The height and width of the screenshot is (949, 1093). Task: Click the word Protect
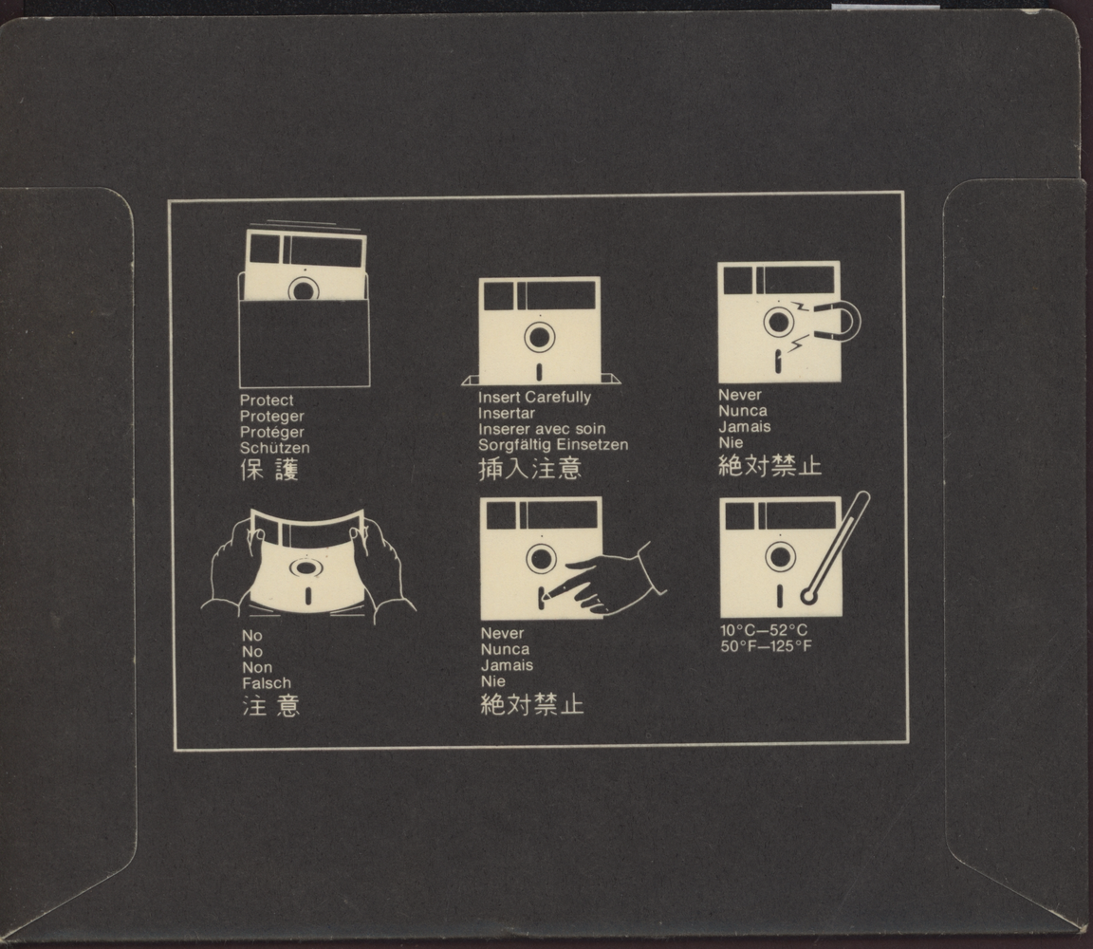pyautogui.click(x=267, y=400)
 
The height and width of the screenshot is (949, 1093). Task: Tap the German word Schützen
pyautogui.click(x=274, y=448)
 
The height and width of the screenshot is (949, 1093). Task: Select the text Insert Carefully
pyautogui.click(x=535, y=398)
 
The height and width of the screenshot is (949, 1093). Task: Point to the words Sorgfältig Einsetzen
pyautogui.click(x=553, y=445)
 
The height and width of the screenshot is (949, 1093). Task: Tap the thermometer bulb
pyautogui.click(x=808, y=596)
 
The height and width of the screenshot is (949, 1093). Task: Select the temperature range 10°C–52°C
pyautogui.click(x=764, y=630)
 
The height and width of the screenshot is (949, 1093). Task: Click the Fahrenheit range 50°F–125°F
pyautogui.click(x=766, y=646)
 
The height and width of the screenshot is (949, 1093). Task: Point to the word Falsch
pyautogui.click(x=267, y=683)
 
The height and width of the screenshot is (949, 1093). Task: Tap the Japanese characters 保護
pyautogui.click(x=269, y=470)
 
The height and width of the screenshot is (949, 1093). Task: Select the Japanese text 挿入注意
pyautogui.click(x=529, y=468)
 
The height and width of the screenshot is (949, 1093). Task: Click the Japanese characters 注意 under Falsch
pyautogui.click(x=271, y=706)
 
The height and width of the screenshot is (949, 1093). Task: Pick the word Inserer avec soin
pyautogui.click(x=542, y=429)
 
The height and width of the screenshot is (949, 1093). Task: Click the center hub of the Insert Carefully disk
pyautogui.click(x=540, y=338)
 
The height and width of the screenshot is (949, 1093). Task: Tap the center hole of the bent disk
pyautogui.click(x=306, y=568)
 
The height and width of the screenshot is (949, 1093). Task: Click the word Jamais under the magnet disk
pyautogui.click(x=745, y=427)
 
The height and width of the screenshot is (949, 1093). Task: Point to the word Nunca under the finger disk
pyautogui.click(x=505, y=649)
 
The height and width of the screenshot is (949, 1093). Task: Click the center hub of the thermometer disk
pyautogui.click(x=780, y=557)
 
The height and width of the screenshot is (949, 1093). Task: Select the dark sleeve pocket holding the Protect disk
pyautogui.click(x=305, y=342)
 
